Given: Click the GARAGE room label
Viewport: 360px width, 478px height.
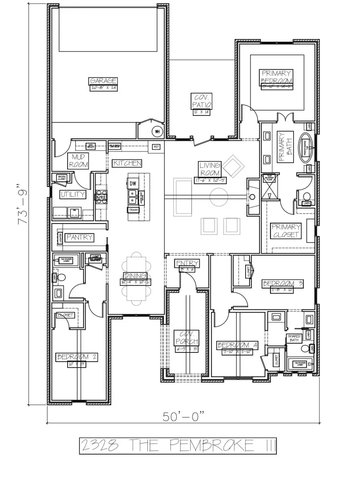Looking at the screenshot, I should (103, 81).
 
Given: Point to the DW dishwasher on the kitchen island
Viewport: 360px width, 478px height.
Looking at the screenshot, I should (133, 183).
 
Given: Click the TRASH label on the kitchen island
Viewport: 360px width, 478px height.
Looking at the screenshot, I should (133, 210).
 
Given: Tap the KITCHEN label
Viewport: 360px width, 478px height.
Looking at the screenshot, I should (127, 163).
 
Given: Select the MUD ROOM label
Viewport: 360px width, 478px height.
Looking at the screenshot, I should (78, 161).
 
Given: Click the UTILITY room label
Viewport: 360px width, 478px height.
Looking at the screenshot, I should (73, 195).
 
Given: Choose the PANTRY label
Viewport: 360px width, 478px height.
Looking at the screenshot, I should (80, 237).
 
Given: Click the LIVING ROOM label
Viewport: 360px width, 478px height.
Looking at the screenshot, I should (210, 169).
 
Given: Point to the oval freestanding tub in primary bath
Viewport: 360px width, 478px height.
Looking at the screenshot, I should (307, 147).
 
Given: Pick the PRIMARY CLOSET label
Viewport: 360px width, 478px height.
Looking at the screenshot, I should (286, 231).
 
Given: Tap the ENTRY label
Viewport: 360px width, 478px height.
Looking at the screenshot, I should (187, 263).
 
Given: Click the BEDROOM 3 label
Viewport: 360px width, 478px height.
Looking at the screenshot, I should (283, 284).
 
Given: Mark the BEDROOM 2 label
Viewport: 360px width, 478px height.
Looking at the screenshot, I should (76, 357).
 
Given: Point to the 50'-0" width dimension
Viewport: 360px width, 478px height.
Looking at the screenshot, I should (184, 416).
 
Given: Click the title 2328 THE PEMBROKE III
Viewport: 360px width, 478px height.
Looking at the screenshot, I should (178, 445).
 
